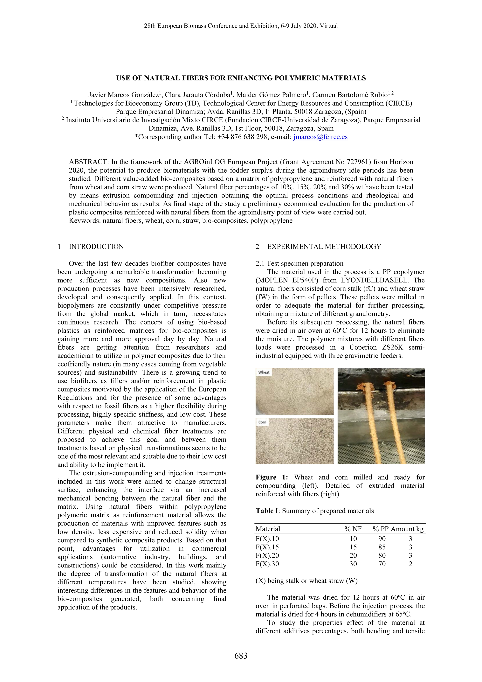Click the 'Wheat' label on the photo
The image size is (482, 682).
point(264,372)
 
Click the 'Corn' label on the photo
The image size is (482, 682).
point(262,422)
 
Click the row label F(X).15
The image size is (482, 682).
point(267,547)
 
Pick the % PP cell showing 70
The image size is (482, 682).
point(382,564)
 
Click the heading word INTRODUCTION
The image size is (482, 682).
point(96,247)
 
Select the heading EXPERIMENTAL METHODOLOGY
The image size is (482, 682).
point(324,247)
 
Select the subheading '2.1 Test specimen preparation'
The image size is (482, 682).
point(299,263)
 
